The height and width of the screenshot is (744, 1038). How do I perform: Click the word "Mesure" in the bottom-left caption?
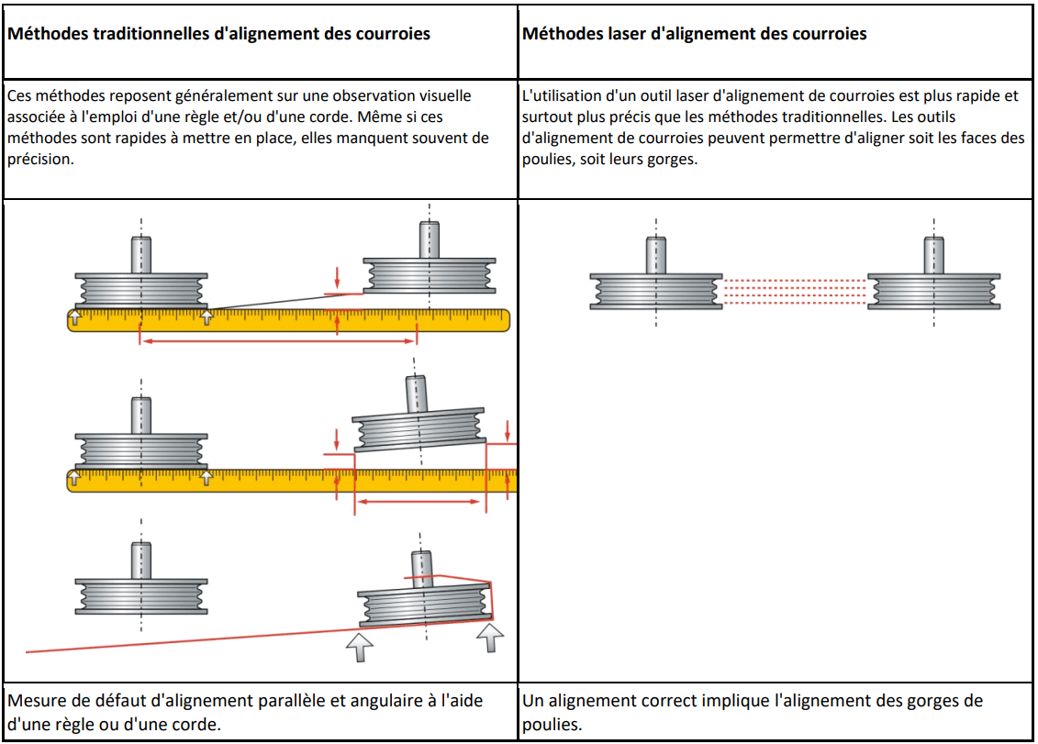pos(35,702)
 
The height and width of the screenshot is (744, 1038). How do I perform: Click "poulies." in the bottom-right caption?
pos(550,723)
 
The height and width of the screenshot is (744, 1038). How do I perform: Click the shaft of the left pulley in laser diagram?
pos(655,254)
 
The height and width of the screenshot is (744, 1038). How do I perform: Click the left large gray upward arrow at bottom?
pos(359,646)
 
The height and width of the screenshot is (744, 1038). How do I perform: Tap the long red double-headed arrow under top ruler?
pos(278,341)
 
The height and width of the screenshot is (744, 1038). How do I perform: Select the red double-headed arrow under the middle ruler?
pos(419,502)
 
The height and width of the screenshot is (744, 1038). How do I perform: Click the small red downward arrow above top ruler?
pos(338,275)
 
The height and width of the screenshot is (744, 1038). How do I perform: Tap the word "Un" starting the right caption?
pos(533,702)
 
